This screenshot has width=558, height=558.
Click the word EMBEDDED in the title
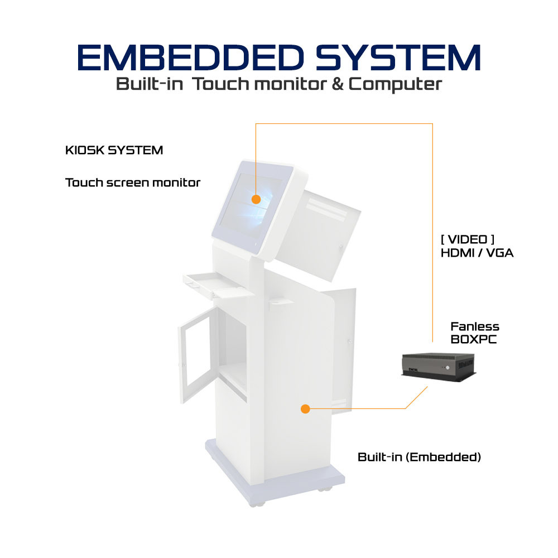click(191, 57)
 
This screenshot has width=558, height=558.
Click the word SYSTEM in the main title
click(398, 57)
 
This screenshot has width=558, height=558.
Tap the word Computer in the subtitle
click(395, 85)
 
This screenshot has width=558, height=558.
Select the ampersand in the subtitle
click(338, 84)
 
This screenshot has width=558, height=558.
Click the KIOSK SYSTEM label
click(114, 150)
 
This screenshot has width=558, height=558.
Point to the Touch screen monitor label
click(133, 182)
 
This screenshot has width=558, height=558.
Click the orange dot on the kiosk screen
click(256, 199)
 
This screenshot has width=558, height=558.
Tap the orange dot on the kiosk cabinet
click(305, 409)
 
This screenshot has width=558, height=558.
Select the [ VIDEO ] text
click(467, 239)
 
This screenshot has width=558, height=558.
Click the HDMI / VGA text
click(477, 253)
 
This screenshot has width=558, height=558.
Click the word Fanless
click(475, 326)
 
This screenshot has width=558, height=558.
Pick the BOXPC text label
click(473, 339)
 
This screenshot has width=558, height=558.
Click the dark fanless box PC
click(439, 367)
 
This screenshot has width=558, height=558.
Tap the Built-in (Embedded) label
click(419, 457)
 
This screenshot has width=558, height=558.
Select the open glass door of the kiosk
click(198, 355)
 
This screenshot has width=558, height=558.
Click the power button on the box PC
click(448, 367)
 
